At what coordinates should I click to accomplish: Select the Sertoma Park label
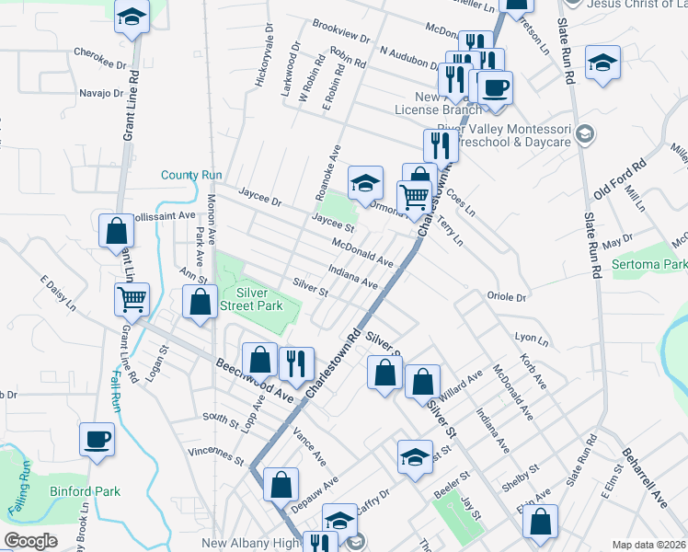click(649, 264)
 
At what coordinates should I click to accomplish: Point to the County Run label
click(192, 175)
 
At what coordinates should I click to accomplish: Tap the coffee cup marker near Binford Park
click(97, 439)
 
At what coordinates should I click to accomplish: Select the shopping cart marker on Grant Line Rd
click(132, 298)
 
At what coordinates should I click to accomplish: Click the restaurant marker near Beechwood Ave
click(296, 363)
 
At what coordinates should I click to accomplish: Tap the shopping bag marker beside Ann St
click(200, 303)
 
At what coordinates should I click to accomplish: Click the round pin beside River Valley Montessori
click(581, 136)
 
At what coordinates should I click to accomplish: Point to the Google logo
click(31, 541)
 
